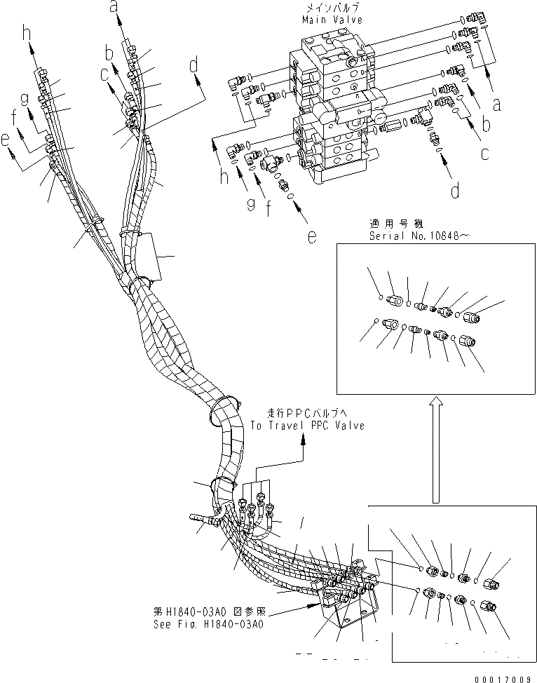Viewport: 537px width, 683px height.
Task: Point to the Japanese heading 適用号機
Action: coord(396,224)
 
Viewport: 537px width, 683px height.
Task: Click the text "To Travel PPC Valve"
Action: coord(306,426)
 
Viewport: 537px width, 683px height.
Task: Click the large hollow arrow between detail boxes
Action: coord(435,449)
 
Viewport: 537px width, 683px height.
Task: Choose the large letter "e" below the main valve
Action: coord(311,236)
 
